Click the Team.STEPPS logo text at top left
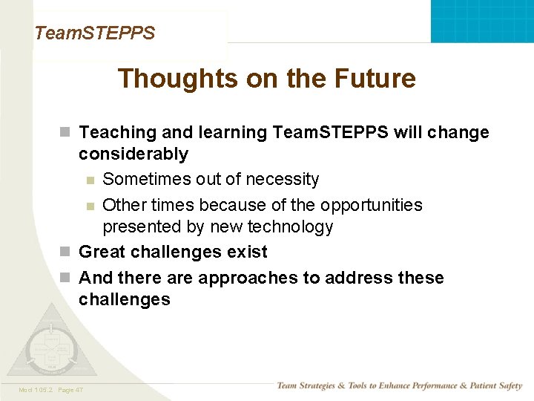coord(94,33)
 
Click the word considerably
coord(133,154)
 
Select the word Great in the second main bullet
coord(102,252)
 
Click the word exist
coord(248,252)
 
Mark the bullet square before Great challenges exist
coord(65,252)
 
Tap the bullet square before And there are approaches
coord(65,278)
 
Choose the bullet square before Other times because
coord(90,206)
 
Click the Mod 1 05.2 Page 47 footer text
coord(51,390)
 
